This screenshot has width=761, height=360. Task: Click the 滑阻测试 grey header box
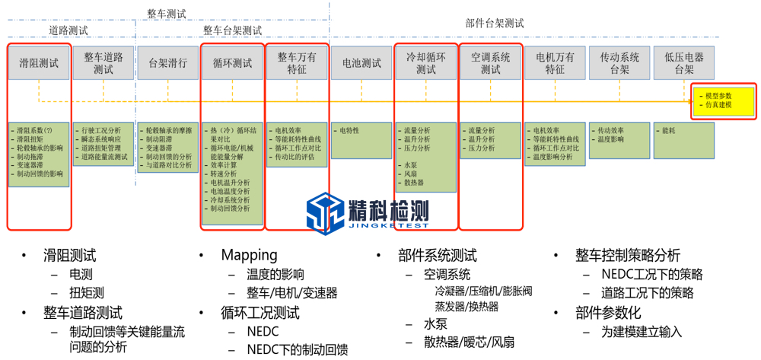click(x=39, y=63)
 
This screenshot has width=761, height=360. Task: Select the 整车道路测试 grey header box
click(x=103, y=63)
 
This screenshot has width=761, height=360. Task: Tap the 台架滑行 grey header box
click(x=167, y=63)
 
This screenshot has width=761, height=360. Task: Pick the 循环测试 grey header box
click(x=232, y=63)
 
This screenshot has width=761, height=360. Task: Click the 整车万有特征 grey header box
click(x=297, y=63)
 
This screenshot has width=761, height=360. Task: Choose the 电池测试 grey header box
click(x=361, y=63)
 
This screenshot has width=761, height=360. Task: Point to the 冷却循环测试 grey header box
click(x=426, y=63)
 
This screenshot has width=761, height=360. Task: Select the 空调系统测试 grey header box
click(x=491, y=63)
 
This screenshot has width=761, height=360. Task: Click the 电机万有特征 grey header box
click(x=555, y=63)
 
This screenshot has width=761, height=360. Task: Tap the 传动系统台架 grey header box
click(x=619, y=63)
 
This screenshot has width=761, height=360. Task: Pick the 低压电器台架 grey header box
click(x=684, y=63)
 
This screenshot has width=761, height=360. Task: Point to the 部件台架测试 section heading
click(x=495, y=24)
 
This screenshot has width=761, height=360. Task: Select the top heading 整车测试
click(x=167, y=13)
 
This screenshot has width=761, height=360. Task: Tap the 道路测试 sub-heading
click(x=68, y=31)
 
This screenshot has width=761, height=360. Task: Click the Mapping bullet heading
click(x=249, y=256)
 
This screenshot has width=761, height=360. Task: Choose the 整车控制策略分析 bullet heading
click(x=628, y=256)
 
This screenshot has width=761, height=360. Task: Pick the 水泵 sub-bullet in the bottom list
click(x=436, y=324)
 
